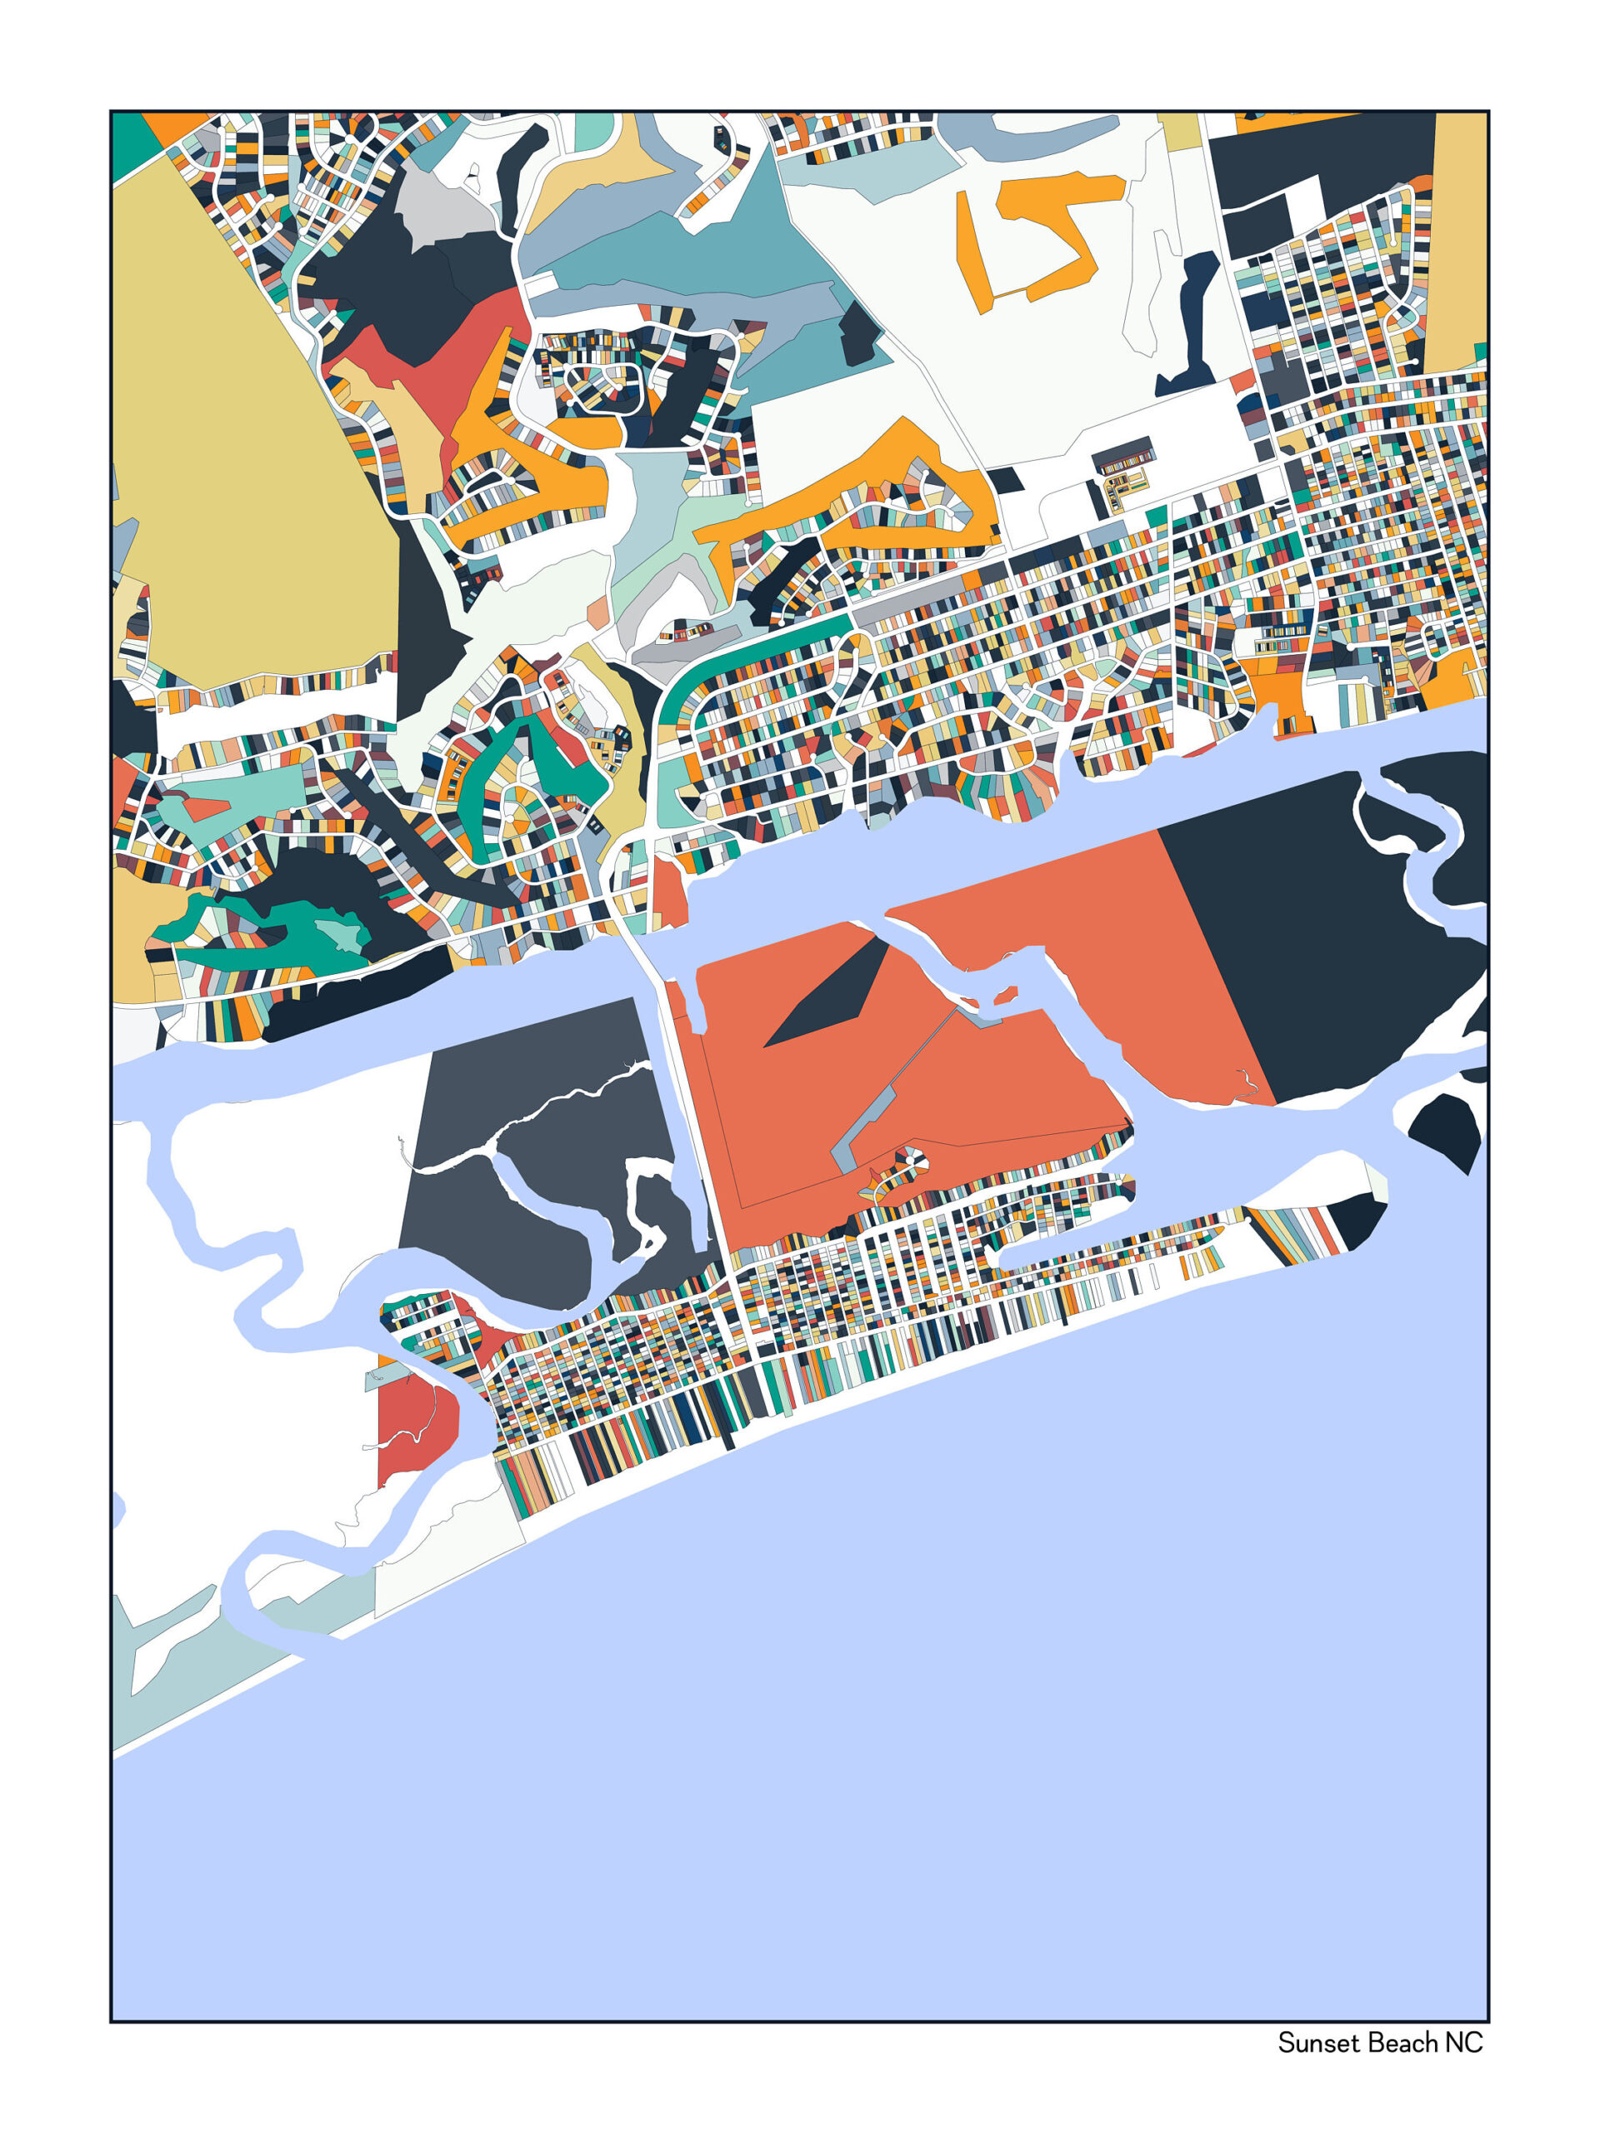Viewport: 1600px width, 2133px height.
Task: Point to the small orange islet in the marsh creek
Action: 1005,993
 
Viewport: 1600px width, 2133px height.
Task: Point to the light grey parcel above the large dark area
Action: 439,207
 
